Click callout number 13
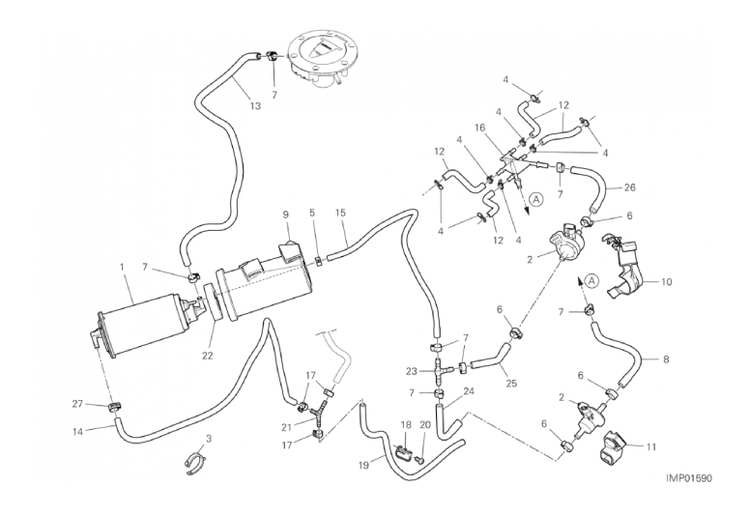(x=254, y=106)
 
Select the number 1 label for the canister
(x=122, y=266)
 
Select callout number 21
(x=286, y=425)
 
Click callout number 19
(x=364, y=464)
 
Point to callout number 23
(x=410, y=370)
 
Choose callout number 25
(x=511, y=383)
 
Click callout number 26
(x=629, y=187)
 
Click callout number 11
(x=649, y=446)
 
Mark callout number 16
(x=479, y=128)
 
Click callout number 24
(x=470, y=391)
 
